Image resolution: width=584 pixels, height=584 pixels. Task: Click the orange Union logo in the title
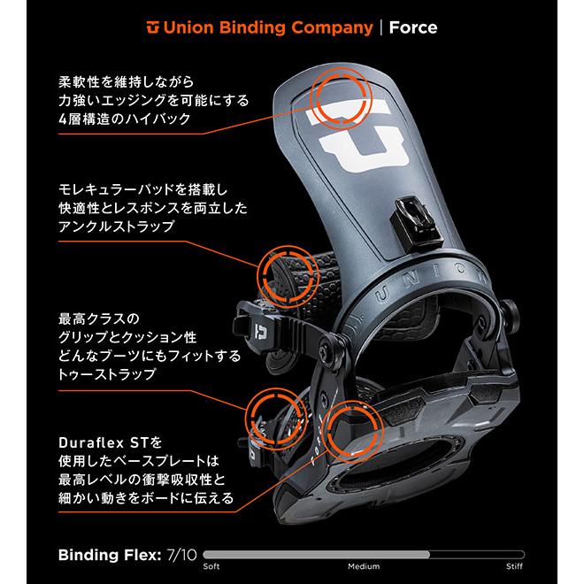(155, 27)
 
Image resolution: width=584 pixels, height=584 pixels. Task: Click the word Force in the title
(412, 27)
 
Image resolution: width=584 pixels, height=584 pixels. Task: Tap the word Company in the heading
(327, 27)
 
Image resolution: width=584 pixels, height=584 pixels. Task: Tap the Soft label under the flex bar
(211, 566)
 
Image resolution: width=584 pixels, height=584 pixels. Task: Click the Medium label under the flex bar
(364, 566)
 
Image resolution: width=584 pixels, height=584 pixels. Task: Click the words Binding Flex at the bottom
(108, 556)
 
